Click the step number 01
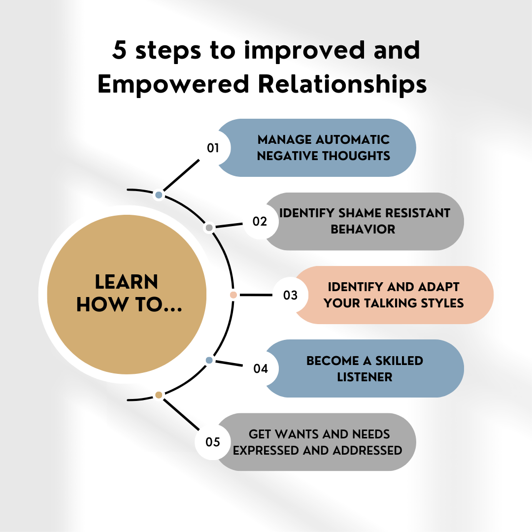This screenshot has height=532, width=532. coord(213,148)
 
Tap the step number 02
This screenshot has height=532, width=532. coord(260,222)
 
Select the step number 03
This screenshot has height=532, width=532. coord(290,295)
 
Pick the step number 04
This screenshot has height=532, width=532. coord(260,368)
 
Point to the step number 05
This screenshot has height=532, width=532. coord(213,442)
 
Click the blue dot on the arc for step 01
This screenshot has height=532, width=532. coord(159,195)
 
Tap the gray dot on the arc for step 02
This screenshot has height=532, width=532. coord(209,228)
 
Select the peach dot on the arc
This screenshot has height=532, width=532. coord(233,295)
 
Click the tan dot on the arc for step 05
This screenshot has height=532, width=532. coord(159,395)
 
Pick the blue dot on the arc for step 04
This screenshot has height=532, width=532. coord(209,360)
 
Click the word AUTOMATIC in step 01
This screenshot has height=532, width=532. coord(353,140)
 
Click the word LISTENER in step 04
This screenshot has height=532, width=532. coord(365,377)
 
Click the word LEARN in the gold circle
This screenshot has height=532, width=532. coord(126,282)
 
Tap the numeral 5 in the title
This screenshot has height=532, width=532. coord(119,50)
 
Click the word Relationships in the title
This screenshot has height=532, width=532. coord(342,84)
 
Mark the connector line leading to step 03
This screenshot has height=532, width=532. coord(256,295)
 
